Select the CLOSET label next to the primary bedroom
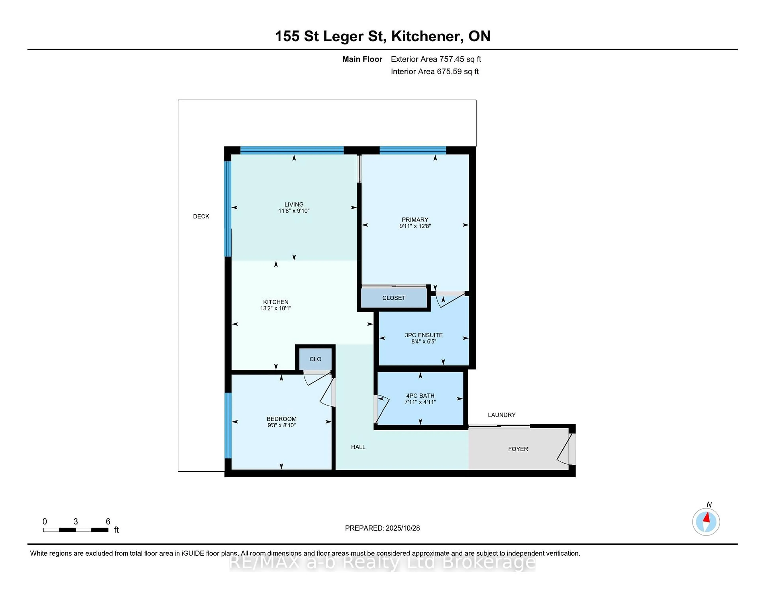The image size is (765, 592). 393,298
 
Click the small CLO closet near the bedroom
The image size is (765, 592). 315,359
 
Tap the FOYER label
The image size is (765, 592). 518,449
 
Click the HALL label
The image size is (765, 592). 358,447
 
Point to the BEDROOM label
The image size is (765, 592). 281,419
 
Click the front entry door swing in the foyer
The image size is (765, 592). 564,449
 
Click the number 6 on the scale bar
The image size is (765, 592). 108,522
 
